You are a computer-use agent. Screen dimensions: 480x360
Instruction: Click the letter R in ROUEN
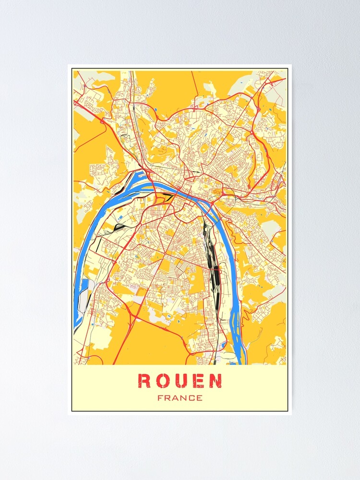point(144,381)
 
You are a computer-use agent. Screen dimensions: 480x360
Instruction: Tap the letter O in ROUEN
point(162,381)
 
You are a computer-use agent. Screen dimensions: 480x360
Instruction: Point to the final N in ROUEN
point(216,381)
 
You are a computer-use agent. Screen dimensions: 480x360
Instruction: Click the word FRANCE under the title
point(180,398)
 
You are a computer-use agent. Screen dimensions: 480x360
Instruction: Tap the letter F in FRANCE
point(160,398)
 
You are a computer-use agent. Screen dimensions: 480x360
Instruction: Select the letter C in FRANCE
point(191,398)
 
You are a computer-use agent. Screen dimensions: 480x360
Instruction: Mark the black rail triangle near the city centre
point(168,196)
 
